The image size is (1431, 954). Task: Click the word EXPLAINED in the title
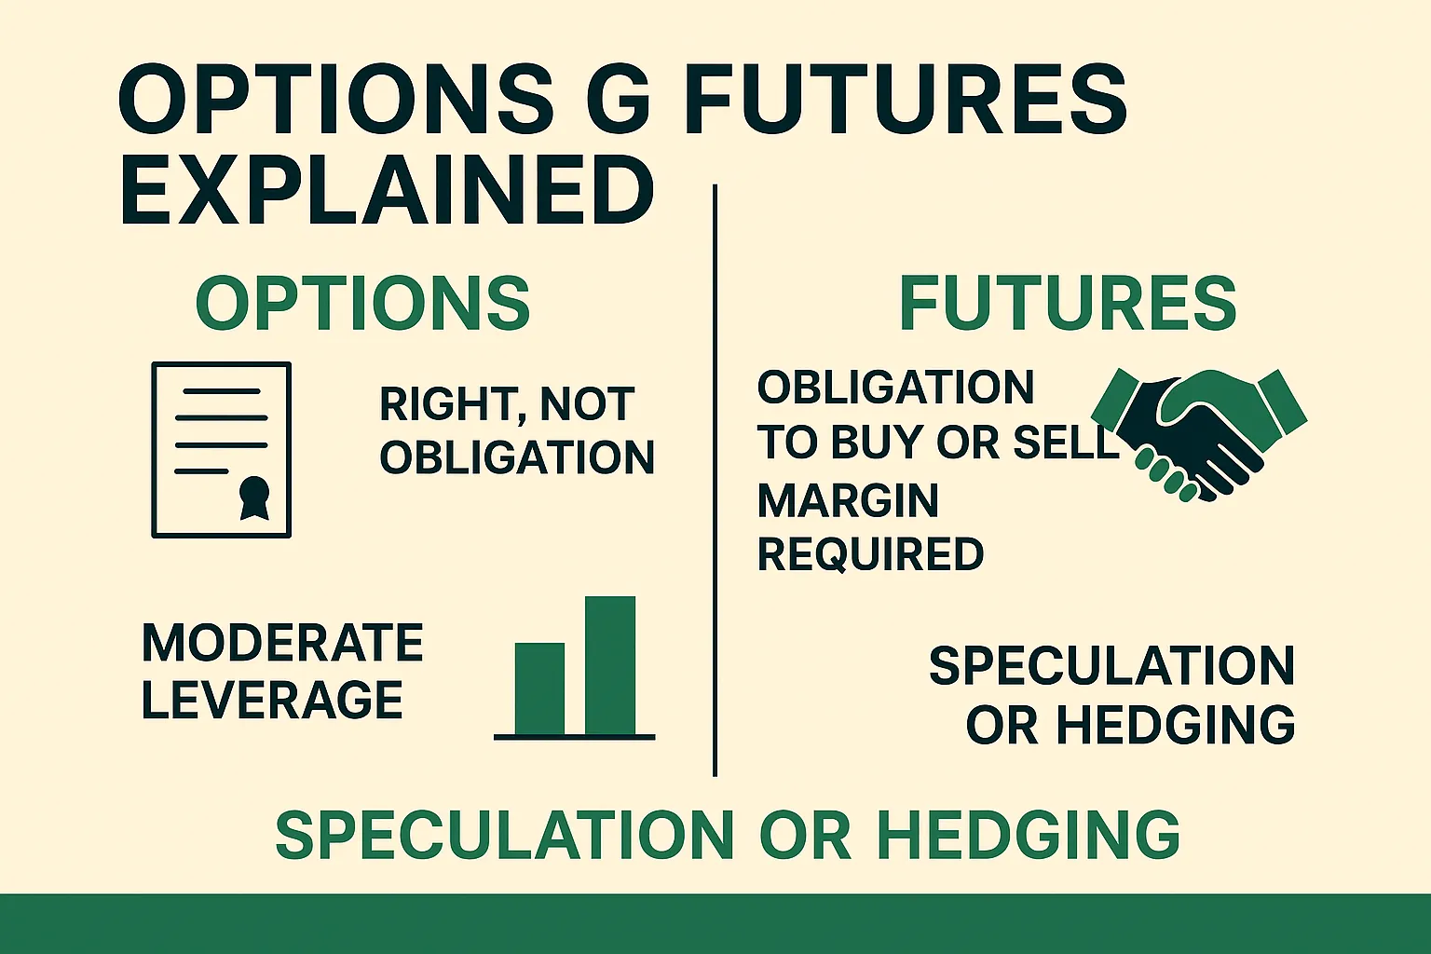387,190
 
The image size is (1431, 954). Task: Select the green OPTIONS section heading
362,304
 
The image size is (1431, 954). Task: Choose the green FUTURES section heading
1067,304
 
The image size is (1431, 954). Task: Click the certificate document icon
222,450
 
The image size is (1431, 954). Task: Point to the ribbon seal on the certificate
253,497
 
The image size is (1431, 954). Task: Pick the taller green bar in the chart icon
610,665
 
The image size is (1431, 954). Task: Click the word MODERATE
282,643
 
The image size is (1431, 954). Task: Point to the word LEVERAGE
272,700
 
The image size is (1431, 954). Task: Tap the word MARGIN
848,501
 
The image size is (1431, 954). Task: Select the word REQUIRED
870,554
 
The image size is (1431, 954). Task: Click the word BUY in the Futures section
877,443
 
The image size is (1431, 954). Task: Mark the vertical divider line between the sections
715,480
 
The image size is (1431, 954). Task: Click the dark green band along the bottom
715,923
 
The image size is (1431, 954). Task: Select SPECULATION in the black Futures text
1111,666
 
